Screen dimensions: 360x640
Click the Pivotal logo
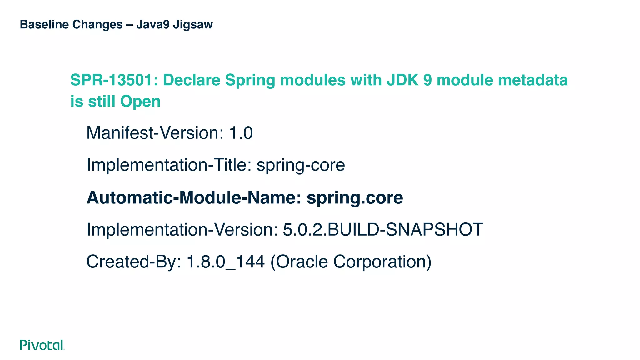pos(42,345)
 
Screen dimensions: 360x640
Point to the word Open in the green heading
pos(140,102)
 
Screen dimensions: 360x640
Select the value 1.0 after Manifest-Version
pos(241,133)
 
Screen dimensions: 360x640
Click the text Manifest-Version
pos(155,133)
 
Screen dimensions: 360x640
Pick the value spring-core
pos(301,165)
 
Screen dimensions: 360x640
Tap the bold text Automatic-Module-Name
pos(194,198)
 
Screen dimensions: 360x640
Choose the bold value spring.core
pos(355,198)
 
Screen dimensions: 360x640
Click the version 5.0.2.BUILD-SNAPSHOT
pos(383,230)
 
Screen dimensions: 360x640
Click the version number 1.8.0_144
pos(226,262)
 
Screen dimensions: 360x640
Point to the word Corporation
pos(382,262)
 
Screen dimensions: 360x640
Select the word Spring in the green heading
pos(250,81)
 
